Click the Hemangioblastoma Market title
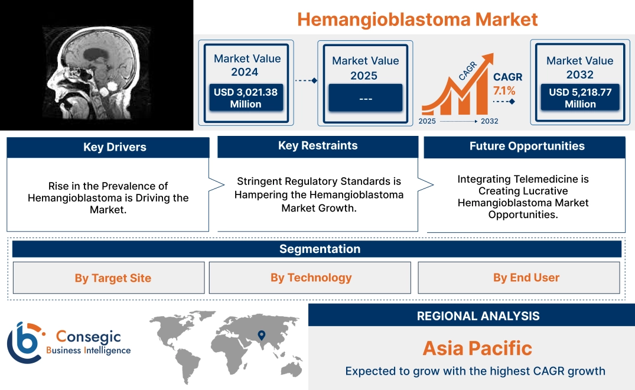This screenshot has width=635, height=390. pos(417,19)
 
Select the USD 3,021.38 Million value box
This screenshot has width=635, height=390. pos(245,98)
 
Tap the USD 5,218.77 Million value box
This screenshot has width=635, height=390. pos(580,98)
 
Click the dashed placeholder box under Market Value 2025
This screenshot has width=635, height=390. pos(365,98)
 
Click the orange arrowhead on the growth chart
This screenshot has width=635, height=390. pos(487,58)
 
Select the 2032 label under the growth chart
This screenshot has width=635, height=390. pos(489,121)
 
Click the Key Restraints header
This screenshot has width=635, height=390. pos(318,146)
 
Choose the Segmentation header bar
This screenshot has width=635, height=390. pos(320,249)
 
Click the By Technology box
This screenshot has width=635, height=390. pos(311,278)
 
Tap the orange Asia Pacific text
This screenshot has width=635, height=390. pos(477,348)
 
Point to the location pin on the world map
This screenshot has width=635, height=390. pos(260,336)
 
